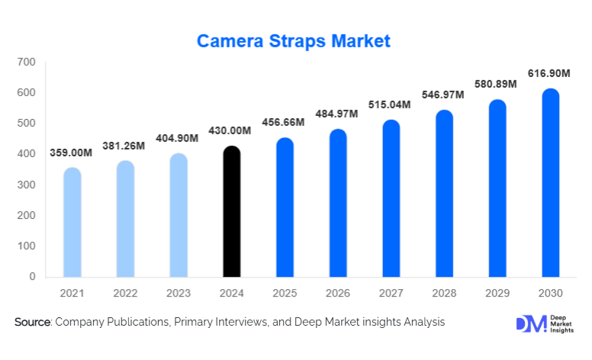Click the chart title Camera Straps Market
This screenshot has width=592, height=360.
point(294,40)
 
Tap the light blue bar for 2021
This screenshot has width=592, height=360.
point(72,222)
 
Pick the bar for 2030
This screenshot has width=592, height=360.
point(550,182)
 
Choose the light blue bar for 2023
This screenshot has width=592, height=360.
point(178,215)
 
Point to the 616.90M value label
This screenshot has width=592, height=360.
point(549,74)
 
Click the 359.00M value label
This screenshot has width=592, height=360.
point(71,153)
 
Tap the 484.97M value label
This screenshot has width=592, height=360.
point(337,114)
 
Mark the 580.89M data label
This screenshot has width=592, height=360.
point(497,85)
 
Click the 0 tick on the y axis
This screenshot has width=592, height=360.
point(32,277)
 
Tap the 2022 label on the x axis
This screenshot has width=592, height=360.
point(125,293)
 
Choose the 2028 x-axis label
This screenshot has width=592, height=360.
point(444,293)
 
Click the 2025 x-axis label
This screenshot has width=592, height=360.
point(285,293)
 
